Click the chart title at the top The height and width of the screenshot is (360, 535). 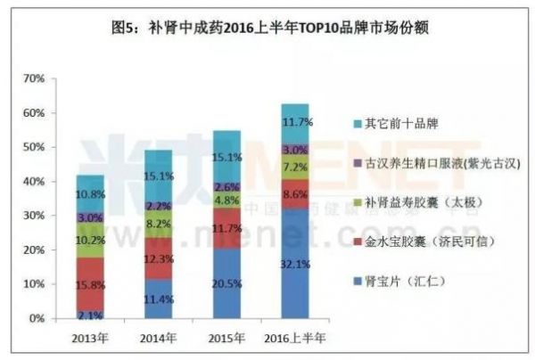click(267, 28)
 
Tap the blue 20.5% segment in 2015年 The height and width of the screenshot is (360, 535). click(226, 282)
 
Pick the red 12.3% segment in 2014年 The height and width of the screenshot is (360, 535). click(158, 258)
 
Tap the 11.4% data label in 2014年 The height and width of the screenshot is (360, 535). click(158, 299)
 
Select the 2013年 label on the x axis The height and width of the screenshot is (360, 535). click(90, 337)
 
